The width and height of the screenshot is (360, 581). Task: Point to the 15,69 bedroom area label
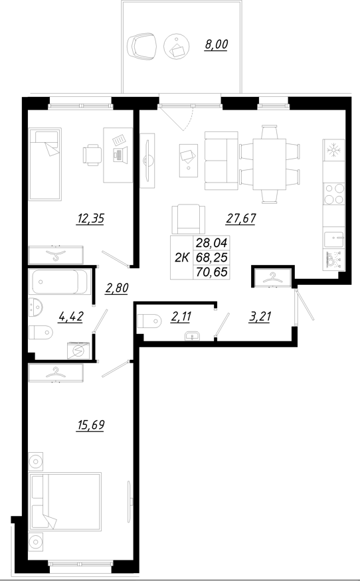tap(92, 424)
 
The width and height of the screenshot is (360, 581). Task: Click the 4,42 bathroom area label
tap(72, 317)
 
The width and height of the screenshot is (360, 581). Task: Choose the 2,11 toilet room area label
tap(183, 317)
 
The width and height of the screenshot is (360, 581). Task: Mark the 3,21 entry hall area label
tap(261, 317)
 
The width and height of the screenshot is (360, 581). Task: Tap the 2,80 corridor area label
tap(117, 288)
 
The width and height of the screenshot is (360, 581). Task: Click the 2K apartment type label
tap(181, 258)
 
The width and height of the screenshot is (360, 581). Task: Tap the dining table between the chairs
tap(270, 163)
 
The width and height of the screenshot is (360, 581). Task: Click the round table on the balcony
tap(177, 45)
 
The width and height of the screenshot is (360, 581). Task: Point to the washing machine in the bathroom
tap(78, 350)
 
